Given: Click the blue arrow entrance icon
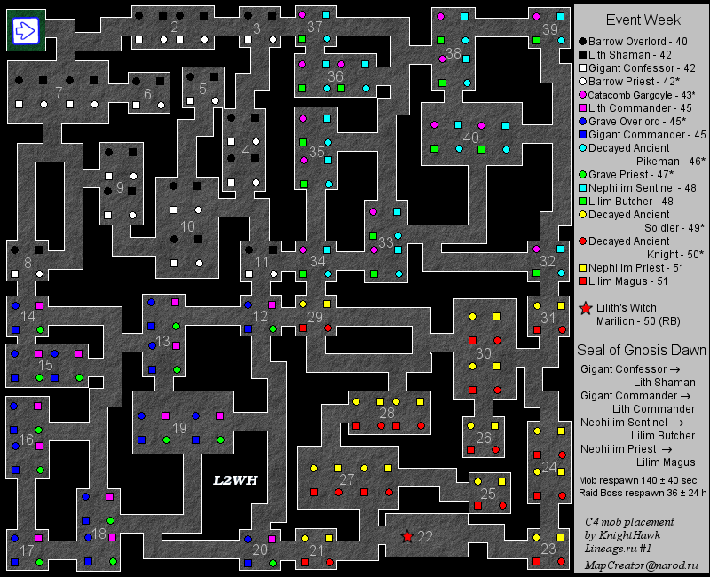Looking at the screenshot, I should tap(24, 31).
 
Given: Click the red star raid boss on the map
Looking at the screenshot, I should tap(407, 536).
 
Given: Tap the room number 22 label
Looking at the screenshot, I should tap(425, 536).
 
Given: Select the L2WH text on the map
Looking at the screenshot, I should tap(235, 480).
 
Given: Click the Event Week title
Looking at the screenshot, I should tap(643, 20).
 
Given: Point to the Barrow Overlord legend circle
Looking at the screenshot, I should tap(583, 42).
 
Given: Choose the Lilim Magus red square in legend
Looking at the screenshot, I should tap(583, 281).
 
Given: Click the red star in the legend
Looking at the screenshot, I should tap(586, 309).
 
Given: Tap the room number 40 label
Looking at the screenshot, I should tap(470, 138).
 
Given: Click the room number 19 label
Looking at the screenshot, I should tap(180, 428).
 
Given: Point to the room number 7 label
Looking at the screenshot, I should tap(59, 92).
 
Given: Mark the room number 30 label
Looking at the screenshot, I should tap(484, 352).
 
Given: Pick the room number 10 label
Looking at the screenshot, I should tap(187, 226).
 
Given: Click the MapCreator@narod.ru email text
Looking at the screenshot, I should tap(642, 565).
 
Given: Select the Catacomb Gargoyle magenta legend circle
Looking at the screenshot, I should tap(583, 95).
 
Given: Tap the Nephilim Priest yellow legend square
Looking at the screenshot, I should tap(583, 268).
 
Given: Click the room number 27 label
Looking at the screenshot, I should tap(347, 479).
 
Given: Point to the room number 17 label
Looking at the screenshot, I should tap(27, 551).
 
